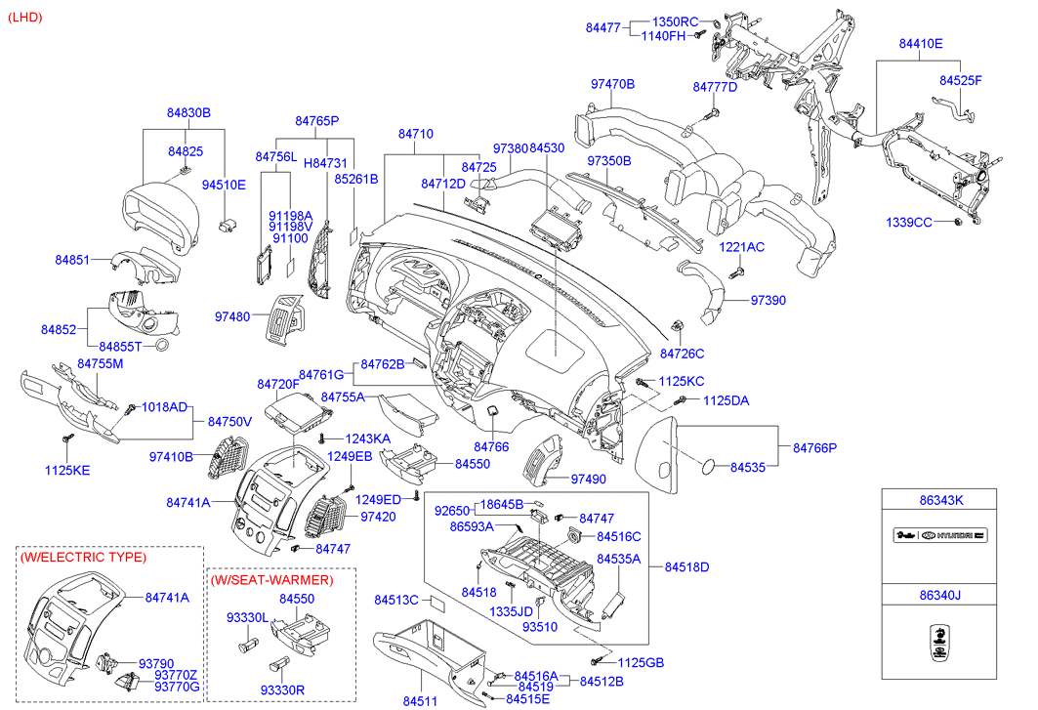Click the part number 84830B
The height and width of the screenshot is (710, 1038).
189,113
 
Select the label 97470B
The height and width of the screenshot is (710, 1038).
612,85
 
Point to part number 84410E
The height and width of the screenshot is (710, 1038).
921,44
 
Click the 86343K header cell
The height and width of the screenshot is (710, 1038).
940,500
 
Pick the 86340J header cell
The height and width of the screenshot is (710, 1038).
940,596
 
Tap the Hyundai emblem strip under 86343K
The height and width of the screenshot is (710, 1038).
940,536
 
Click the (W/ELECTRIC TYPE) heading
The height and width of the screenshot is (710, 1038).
83,557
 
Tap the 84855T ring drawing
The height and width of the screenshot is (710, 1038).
165,347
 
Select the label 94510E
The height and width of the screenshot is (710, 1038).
224,184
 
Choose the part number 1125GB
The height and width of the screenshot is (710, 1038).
641,663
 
